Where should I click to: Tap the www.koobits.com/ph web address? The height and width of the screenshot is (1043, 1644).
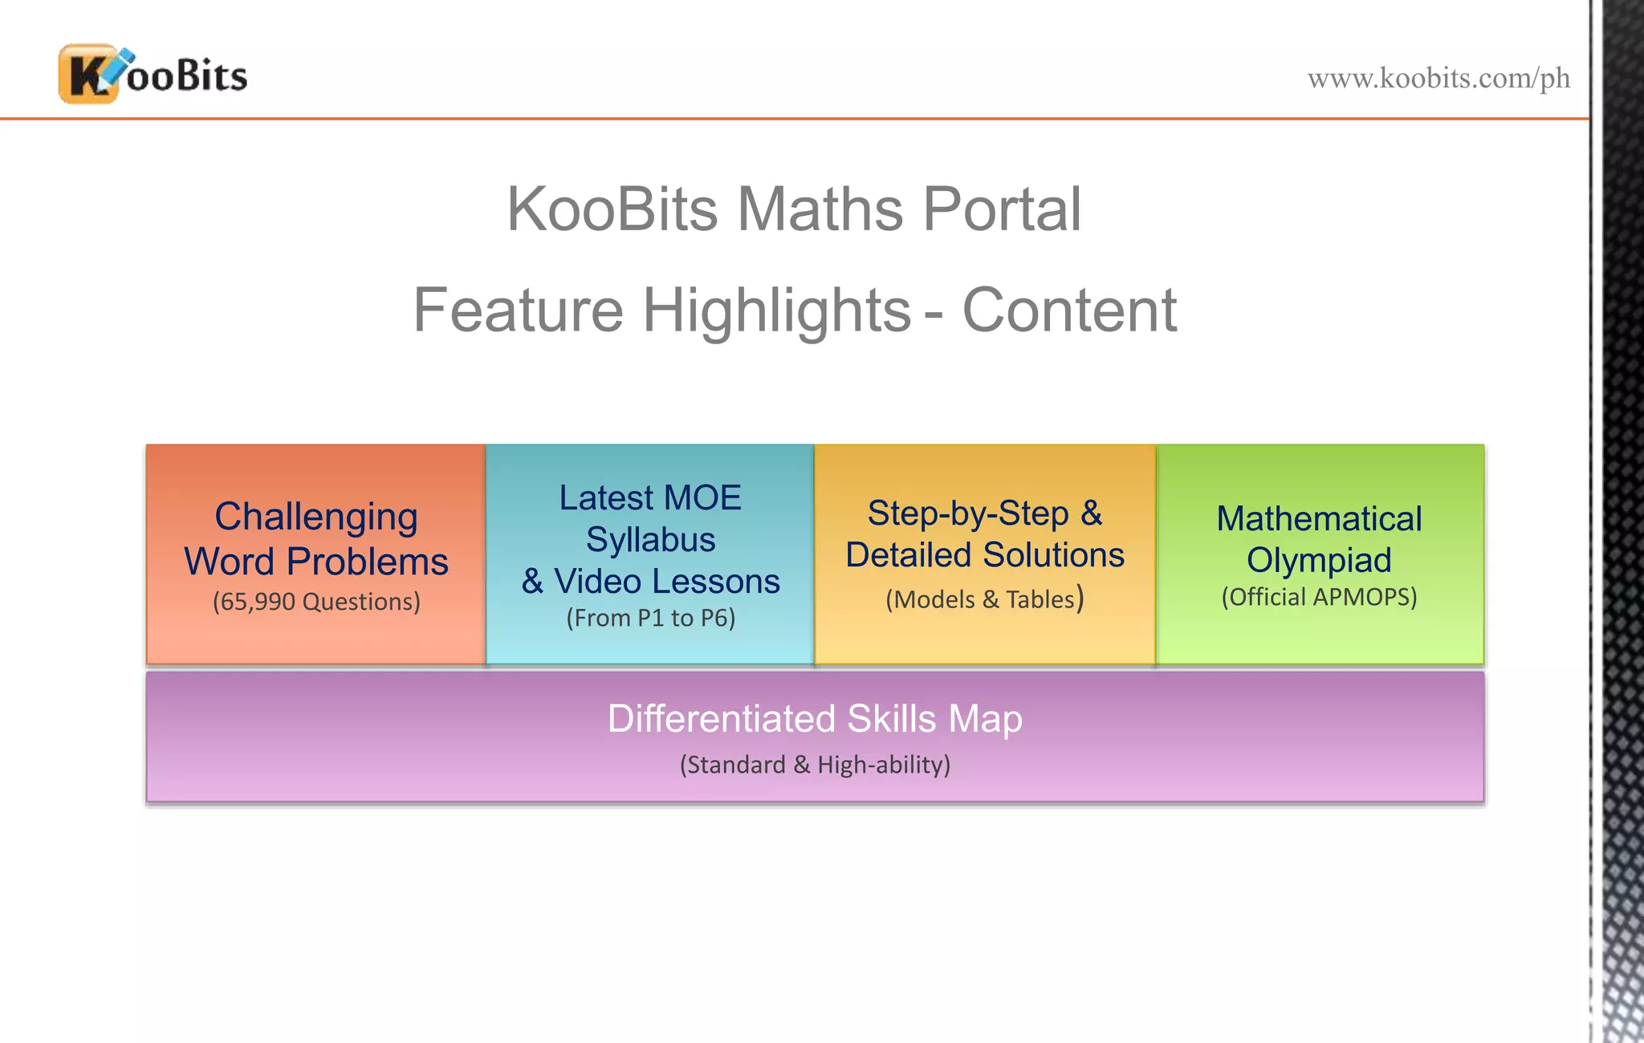pyautogui.click(x=1438, y=79)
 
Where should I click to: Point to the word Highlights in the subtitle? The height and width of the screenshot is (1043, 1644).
pyautogui.click(x=776, y=310)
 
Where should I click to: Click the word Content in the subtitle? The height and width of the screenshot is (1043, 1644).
pyautogui.click(x=1068, y=310)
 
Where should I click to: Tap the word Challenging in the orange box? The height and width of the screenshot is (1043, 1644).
pyautogui.click(x=316, y=517)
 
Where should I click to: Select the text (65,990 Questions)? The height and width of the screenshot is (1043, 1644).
pyautogui.click(x=316, y=602)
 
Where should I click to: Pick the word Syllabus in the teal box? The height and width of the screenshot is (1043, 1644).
pyautogui.click(x=650, y=540)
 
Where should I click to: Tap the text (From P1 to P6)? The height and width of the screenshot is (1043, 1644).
pyautogui.click(x=650, y=619)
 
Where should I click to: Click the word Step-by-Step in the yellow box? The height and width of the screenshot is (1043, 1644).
pyautogui.click(x=968, y=513)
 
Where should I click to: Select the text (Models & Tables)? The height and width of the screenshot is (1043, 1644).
pyautogui.click(x=984, y=599)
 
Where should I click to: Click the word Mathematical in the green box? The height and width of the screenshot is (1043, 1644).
pyautogui.click(x=1319, y=519)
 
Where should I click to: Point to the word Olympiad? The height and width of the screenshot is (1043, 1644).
pyautogui.click(x=1319, y=560)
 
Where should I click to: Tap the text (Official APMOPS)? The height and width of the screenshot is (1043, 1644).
pyautogui.click(x=1319, y=597)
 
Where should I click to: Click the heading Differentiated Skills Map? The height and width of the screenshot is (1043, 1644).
pyautogui.click(x=815, y=719)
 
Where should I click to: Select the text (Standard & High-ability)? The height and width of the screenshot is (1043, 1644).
pyautogui.click(x=815, y=765)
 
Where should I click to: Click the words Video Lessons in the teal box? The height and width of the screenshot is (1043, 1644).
pyautogui.click(x=666, y=582)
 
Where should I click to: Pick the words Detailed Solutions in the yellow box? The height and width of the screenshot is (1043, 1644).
pyautogui.click(x=984, y=555)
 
